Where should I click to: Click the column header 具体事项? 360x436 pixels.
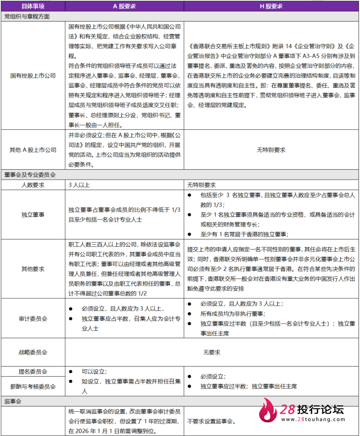[33, 6]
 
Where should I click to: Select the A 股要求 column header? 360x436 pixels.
[125, 6]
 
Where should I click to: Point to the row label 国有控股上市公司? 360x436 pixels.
[33, 76]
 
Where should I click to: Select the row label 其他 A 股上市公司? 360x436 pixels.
[33, 150]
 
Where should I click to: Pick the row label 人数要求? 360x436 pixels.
[33, 185]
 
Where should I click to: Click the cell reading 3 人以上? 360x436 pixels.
[79, 185]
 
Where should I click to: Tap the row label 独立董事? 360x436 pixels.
[33, 215]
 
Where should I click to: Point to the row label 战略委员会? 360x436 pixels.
[33, 352]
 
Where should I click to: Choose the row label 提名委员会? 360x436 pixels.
[33, 371]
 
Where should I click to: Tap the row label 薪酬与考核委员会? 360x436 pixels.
[33, 387]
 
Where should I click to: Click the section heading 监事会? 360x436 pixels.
[12, 401]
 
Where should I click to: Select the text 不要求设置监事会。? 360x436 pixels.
[212, 421]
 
